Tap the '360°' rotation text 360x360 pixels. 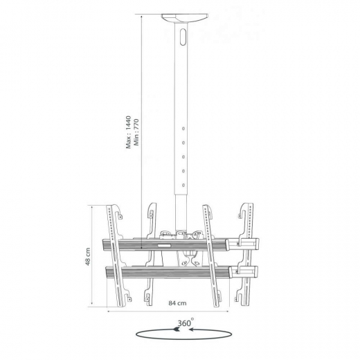[185, 322]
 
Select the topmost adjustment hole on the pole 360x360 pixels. [183, 128]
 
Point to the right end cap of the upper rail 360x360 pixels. [251, 244]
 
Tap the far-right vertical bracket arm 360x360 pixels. [246, 256]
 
